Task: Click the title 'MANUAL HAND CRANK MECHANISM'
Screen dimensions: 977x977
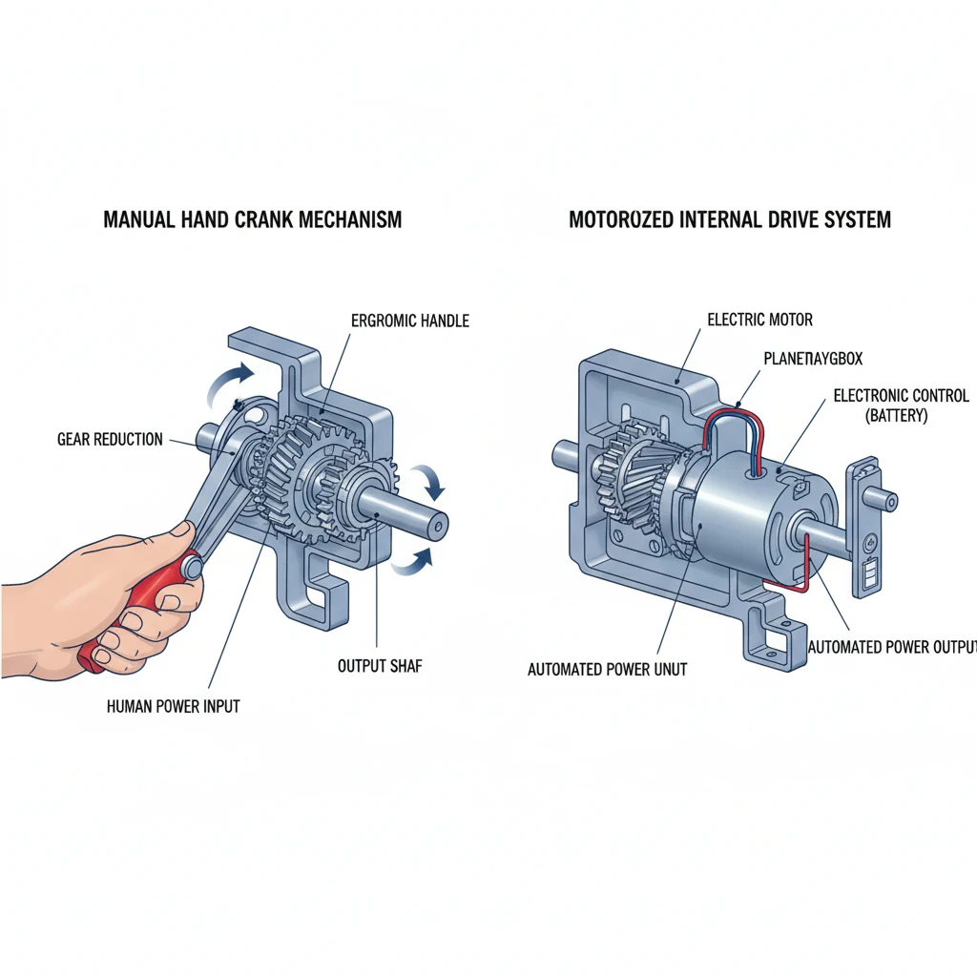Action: click(252, 220)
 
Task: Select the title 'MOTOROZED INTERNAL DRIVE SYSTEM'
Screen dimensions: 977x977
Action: click(730, 220)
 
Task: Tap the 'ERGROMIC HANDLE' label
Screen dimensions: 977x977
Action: click(410, 322)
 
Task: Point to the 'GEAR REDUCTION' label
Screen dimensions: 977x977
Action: click(110, 440)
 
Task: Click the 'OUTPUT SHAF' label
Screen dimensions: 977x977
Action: click(380, 666)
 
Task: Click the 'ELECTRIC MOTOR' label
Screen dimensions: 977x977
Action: click(760, 320)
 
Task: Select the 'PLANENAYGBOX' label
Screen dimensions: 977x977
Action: click(812, 359)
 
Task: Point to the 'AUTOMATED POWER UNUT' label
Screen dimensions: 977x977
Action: click(607, 670)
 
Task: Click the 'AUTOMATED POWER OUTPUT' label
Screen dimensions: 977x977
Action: click(892, 647)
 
